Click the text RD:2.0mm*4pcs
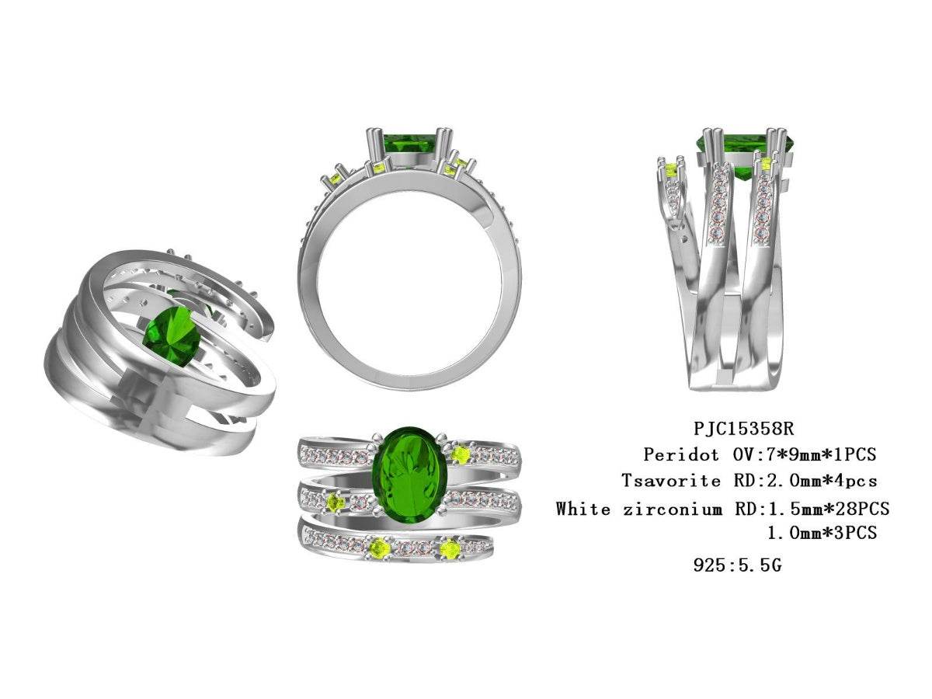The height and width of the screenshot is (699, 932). point(805,481)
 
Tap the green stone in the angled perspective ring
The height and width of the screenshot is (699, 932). point(172,336)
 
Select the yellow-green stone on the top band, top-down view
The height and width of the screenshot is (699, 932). point(461,454)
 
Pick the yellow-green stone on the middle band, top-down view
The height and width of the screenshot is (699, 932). point(336,503)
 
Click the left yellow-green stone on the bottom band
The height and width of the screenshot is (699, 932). point(379,549)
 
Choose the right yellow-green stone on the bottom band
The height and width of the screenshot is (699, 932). point(449,549)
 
